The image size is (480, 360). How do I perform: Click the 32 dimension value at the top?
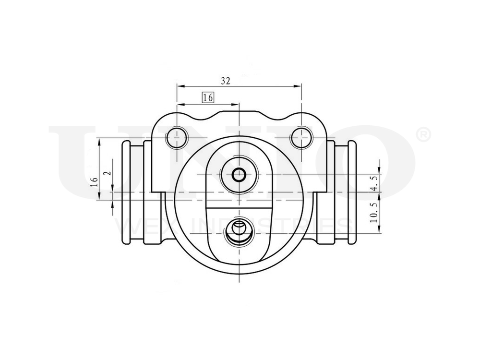pos(226,81)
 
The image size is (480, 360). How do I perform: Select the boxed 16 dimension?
pos(208,97)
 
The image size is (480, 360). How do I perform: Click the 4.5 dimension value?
pos(375,183)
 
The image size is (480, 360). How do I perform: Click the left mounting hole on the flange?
pos(177,138)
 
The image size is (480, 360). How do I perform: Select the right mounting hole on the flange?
pos(301,138)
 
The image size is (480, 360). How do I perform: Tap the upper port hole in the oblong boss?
pos(239,175)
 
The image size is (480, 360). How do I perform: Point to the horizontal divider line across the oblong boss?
pos(239,207)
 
